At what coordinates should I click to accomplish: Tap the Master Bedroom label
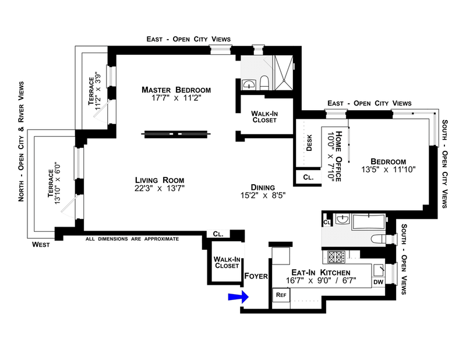pyautogui.click(x=176, y=90)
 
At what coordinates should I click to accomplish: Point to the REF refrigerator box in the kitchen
pyautogui.click(x=281, y=295)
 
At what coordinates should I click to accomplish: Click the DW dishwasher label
pyautogui.click(x=378, y=282)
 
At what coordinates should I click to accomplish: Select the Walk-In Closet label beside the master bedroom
pyautogui.click(x=263, y=117)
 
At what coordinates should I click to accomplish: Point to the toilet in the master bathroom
pyautogui.click(x=264, y=83)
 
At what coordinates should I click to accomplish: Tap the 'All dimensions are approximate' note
pyautogui.click(x=131, y=239)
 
